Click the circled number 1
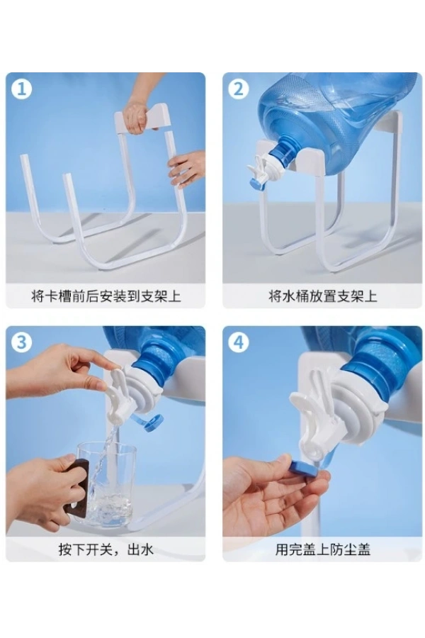[21, 89]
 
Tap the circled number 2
[239, 89]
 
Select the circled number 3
[21, 342]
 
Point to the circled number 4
[239, 342]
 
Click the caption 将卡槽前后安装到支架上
[106, 296]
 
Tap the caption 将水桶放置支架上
[322, 296]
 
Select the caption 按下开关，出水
[106, 549]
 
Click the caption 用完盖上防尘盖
[322, 549]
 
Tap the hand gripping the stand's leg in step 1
[187, 168]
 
